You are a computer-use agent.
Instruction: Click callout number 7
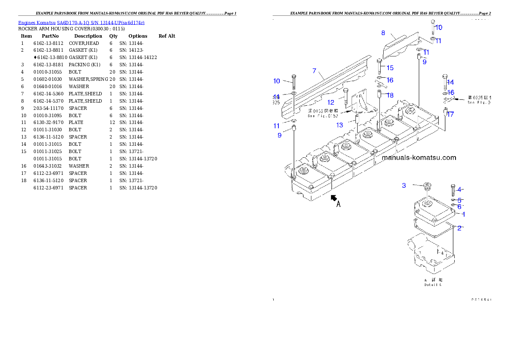(x=314, y=70)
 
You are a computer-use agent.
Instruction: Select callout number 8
(x=383, y=32)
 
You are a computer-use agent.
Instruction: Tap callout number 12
(x=331, y=102)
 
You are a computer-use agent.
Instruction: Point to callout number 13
(x=340, y=125)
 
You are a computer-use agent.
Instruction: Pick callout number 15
(x=390, y=68)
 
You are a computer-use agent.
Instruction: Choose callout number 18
(x=390, y=95)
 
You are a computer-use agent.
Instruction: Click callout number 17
(x=450, y=114)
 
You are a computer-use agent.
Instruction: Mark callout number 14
(x=450, y=82)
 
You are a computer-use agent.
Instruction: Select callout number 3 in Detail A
(x=404, y=185)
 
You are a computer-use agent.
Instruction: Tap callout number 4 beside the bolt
(x=459, y=189)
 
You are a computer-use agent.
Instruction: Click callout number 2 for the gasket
(x=459, y=228)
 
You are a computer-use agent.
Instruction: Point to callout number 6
(x=459, y=207)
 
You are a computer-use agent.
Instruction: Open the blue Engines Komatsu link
(x=81, y=22)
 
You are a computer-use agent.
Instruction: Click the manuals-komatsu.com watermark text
(x=419, y=157)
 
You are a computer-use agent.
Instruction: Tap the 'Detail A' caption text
(x=433, y=284)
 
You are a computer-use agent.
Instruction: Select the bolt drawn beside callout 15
(x=379, y=67)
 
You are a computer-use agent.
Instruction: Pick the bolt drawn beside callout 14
(x=444, y=82)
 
